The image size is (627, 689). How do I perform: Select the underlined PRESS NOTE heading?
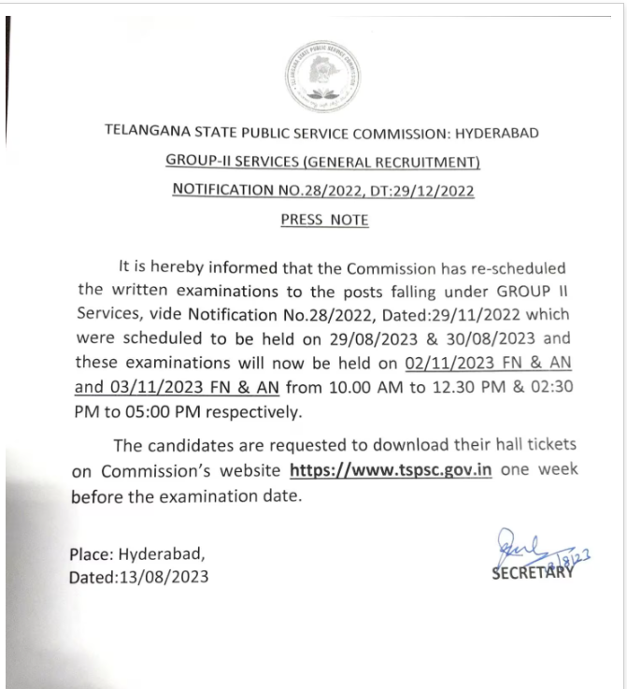pyautogui.click(x=324, y=221)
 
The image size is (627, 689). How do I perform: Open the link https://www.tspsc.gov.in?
pyautogui.click(x=392, y=470)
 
